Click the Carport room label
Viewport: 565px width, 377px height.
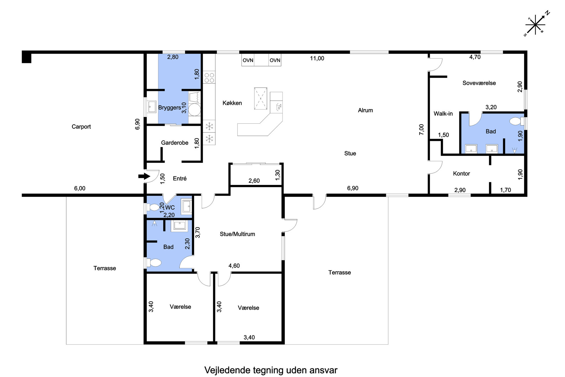pos(81,127)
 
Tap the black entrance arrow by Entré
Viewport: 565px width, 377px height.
pos(144,176)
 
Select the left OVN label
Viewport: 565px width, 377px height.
pos(248,60)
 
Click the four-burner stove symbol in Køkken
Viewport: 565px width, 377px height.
pos(209,78)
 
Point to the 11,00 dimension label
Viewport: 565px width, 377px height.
pos(317,58)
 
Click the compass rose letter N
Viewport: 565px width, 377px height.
pos(547,13)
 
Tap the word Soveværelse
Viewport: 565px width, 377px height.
pos(479,83)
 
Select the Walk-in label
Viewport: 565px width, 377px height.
pos(443,114)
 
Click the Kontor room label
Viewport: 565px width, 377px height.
pos(461,174)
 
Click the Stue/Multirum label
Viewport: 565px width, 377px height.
pos(237,234)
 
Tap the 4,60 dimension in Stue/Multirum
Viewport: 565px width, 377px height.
pos(234,266)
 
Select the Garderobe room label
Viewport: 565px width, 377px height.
pos(175,143)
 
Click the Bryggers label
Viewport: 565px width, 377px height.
pos(169,108)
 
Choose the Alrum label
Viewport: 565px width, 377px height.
pos(365,110)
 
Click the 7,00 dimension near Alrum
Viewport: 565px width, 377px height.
pos(421,130)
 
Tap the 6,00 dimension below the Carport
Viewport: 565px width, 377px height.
pos(80,188)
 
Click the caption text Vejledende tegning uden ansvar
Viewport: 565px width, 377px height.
pos(271,370)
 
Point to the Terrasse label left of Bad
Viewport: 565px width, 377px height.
pos(105,268)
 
